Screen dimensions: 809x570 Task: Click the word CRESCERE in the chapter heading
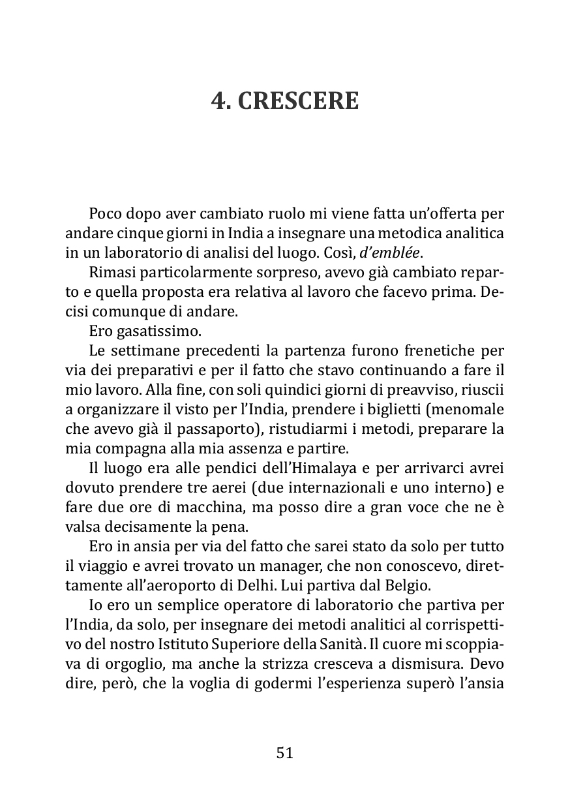(x=297, y=100)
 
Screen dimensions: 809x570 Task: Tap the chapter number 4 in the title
(x=218, y=100)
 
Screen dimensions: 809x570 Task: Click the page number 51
(x=285, y=753)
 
